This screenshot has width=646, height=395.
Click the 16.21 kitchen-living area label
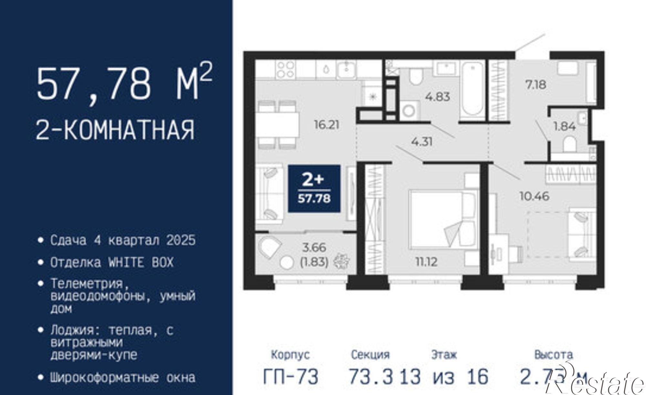[327, 125]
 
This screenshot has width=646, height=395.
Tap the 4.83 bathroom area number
[438, 97]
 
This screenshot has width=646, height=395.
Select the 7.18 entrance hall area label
[536, 85]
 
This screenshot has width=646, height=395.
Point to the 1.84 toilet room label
[564, 126]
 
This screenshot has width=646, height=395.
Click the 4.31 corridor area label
[422, 141]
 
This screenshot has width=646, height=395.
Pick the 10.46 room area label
[534, 196]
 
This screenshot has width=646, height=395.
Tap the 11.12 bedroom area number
[426, 262]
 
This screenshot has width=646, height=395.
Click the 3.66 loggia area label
[314, 248]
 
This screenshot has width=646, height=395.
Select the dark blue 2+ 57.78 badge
[314, 189]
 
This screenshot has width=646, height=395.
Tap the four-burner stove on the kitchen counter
[285, 70]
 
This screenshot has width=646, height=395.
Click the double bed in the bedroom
[443, 219]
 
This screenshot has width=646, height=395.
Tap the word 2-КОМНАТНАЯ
[115, 130]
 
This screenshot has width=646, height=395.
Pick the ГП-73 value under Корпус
[291, 377]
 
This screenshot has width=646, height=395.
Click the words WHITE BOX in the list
[141, 262]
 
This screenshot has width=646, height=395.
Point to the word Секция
[370, 355]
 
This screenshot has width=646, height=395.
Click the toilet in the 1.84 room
[569, 144]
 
